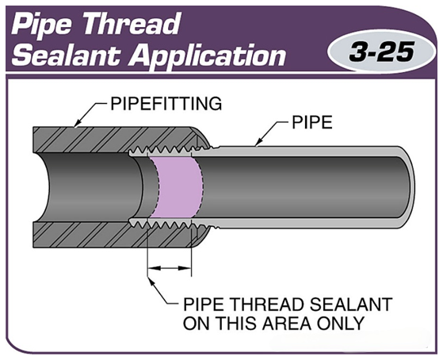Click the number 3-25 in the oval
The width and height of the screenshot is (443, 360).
pyautogui.click(x=381, y=52)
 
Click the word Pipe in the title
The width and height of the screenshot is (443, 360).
pyautogui.click(x=44, y=25)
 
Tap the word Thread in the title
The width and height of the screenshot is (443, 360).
pyautogui.click(x=131, y=24)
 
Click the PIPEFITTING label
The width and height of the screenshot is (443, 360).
pyautogui.click(x=166, y=104)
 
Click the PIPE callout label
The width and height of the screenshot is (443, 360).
pyautogui.click(x=312, y=122)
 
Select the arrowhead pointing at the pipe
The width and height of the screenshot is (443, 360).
pyautogui.click(x=258, y=142)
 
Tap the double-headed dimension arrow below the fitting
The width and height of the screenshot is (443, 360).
pyautogui.click(x=170, y=267)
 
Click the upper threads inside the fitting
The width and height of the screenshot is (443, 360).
pyautogui.click(x=169, y=151)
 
